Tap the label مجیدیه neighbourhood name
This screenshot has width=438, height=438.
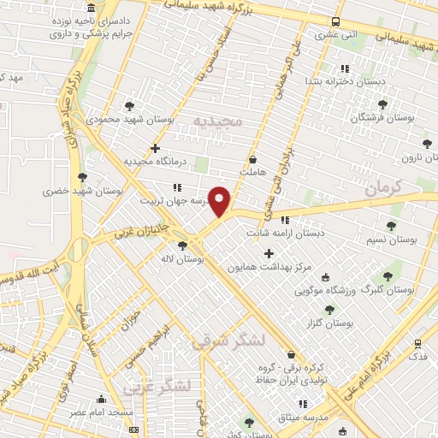pos(219,121)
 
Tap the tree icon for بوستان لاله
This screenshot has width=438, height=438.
pos(182,245)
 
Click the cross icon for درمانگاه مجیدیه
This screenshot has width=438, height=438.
pos(155,148)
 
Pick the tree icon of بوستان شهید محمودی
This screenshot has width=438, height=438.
pos(129,106)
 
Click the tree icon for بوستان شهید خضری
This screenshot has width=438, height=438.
pos(82,177)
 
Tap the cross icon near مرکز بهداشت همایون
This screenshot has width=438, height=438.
pos(269,252)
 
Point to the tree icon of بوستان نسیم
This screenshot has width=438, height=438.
pos(391,226)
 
